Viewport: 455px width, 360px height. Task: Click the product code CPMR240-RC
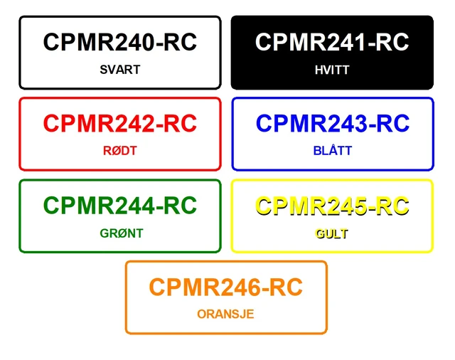[120, 42]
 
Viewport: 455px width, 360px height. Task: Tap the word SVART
[120, 70]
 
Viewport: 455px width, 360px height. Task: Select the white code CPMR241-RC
[332, 42]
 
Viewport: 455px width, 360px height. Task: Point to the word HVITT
[332, 70]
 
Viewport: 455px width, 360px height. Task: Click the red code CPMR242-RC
[120, 123]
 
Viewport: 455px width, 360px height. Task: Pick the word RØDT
[120, 151]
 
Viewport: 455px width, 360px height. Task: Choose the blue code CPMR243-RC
[333, 123]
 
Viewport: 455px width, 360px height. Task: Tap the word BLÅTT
[333, 150]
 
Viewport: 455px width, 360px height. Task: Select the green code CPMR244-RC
[120, 206]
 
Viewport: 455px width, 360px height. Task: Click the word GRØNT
[122, 233]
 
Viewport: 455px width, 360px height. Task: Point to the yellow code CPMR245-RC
[332, 206]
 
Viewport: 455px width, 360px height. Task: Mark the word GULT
[332, 233]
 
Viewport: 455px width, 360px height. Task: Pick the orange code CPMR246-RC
[226, 287]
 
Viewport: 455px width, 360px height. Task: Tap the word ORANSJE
[225, 314]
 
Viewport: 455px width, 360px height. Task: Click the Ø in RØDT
[116, 151]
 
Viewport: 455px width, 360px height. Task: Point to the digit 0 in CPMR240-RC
[146, 42]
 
